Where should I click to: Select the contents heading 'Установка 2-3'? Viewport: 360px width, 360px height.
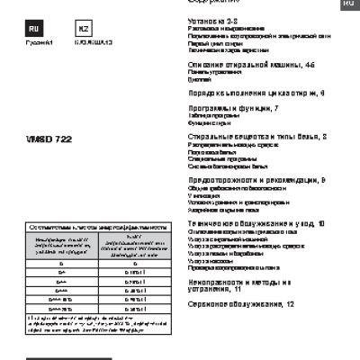pos(212,19)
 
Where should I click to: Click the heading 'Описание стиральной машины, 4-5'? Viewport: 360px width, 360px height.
pos(238,66)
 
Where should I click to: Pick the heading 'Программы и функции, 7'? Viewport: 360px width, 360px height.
pos(220,108)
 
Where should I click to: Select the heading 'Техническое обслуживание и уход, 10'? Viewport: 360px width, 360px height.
pos(248,221)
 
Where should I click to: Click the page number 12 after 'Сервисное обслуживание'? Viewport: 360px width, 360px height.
pos(290,305)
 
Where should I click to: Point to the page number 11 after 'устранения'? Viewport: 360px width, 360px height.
pos(237,291)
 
